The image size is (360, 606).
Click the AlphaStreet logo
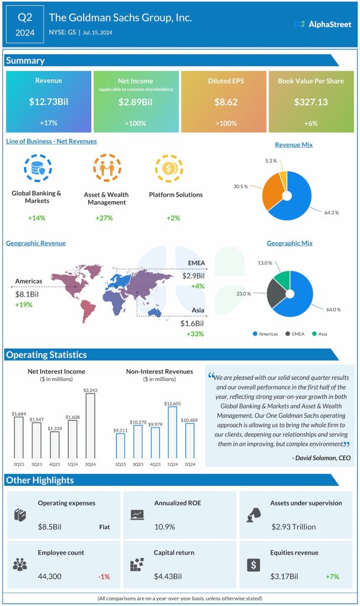click(317, 24)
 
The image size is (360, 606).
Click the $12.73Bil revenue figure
click(49, 102)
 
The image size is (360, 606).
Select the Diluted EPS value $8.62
click(223, 102)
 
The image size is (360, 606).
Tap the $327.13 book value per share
click(311, 102)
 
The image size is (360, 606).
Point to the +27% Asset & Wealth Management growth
click(104, 218)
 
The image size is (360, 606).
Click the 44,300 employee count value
click(52, 575)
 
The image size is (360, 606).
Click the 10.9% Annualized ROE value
click(165, 526)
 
